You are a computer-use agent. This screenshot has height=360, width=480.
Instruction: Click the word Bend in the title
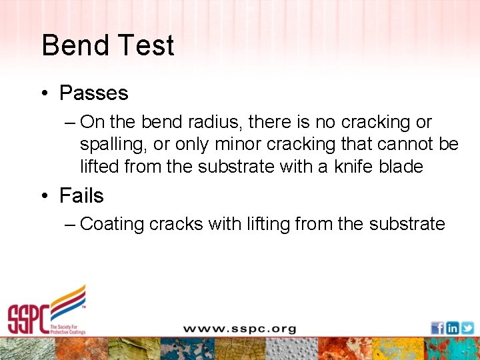(74, 45)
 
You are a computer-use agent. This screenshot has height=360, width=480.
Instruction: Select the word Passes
(93, 93)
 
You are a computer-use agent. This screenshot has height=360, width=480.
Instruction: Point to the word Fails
(81, 195)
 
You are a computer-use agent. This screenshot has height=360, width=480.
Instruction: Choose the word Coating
(111, 224)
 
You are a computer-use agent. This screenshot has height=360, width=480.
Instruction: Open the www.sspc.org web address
(239, 329)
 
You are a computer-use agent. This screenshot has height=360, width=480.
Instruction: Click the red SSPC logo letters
(29, 319)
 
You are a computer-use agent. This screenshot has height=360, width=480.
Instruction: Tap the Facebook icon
(437, 328)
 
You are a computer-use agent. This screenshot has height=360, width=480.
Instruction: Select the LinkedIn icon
(453, 328)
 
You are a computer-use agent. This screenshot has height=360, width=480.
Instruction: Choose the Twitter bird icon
(467, 328)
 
